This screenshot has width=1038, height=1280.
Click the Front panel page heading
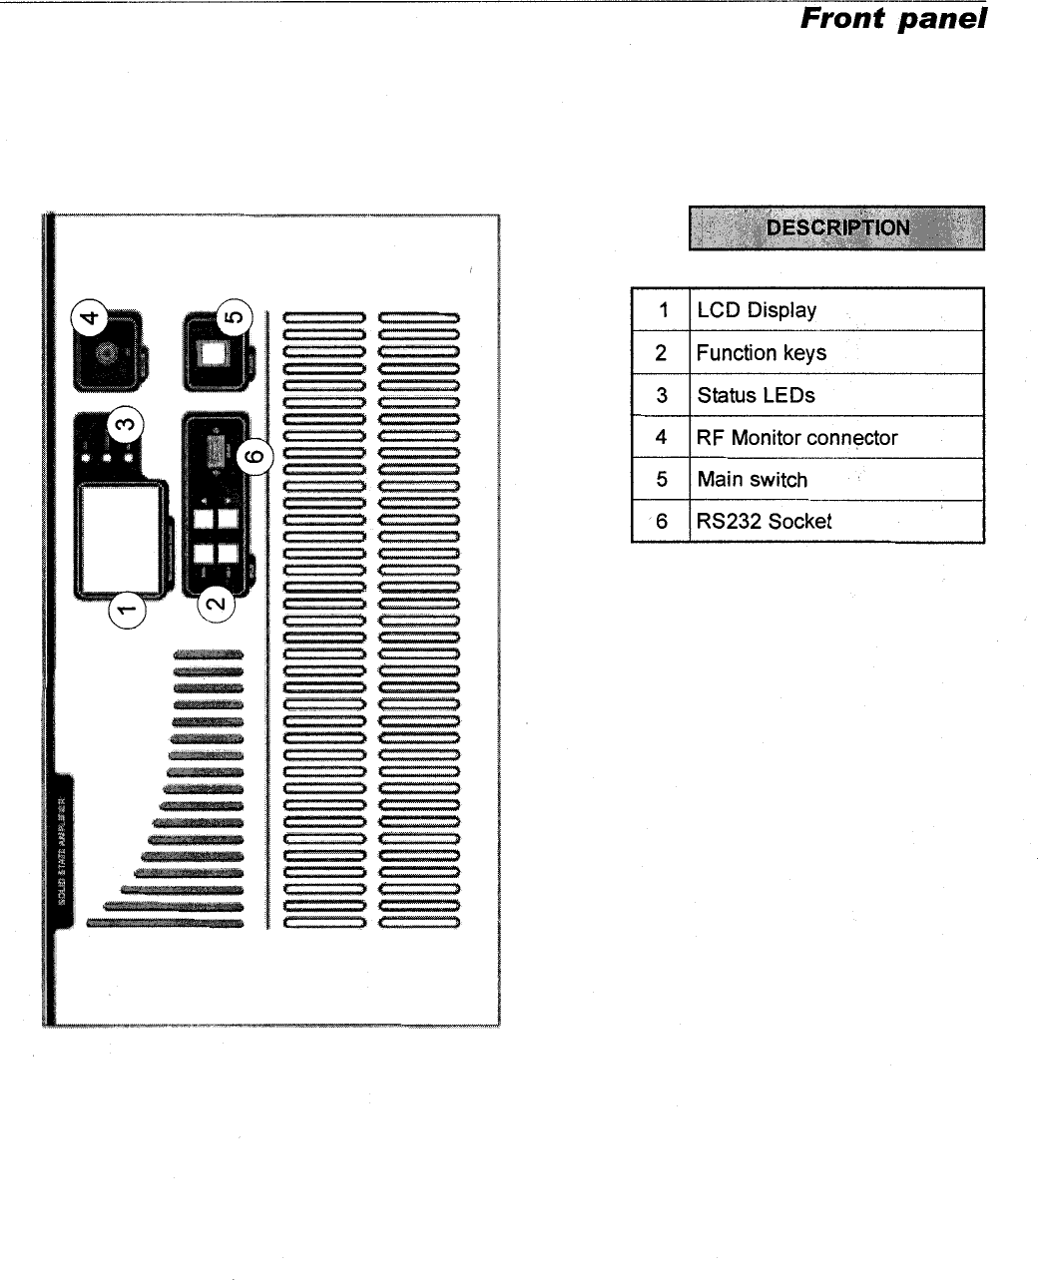point(893,19)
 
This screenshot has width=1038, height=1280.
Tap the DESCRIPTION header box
point(836,227)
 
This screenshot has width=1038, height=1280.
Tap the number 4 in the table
point(661,438)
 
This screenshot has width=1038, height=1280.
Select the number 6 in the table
point(661,522)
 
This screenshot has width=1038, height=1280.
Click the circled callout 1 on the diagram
point(127,606)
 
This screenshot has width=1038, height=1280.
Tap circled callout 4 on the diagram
point(90,318)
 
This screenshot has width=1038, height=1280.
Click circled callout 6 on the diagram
point(257,456)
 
